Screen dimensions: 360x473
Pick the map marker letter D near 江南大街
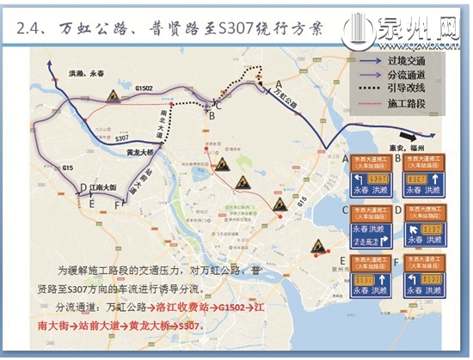tap(82, 186)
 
